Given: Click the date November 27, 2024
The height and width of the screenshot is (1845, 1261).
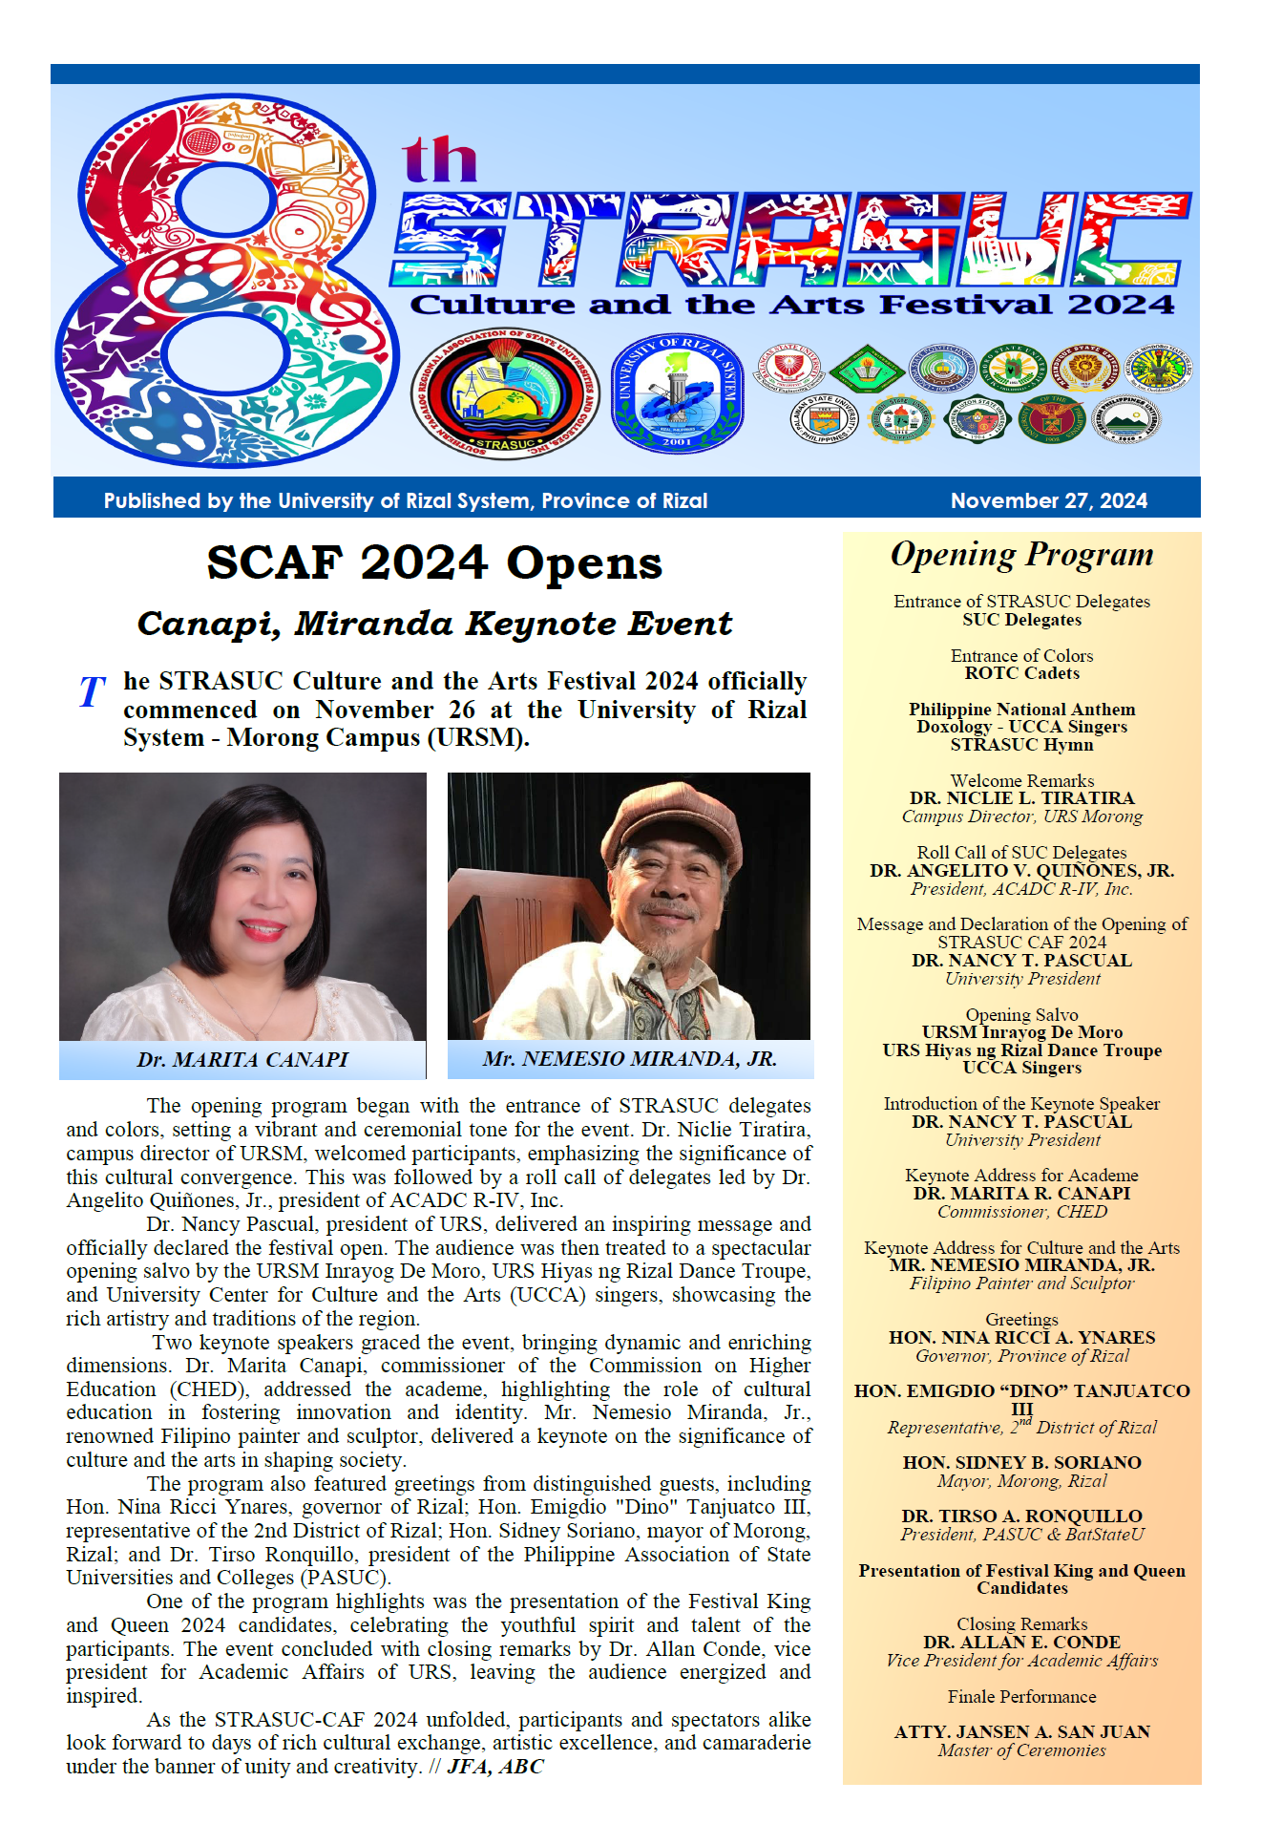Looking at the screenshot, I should [x=1048, y=500].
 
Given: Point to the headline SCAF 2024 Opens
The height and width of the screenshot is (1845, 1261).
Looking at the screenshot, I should [x=434, y=562].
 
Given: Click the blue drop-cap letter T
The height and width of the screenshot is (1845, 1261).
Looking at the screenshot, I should [x=92, y=691].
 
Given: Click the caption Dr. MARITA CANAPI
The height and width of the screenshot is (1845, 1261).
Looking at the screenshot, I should [x=242, y=1059].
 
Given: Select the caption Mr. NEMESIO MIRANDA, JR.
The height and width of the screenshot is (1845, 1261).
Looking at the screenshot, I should [x=629, y=1058].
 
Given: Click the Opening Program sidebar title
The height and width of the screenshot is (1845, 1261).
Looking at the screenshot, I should [x=1021, y=555].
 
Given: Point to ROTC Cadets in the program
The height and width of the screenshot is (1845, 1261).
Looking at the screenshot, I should [x=1021, y=673].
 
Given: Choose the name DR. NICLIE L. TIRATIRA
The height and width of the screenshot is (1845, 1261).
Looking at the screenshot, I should [x=1021, y=798].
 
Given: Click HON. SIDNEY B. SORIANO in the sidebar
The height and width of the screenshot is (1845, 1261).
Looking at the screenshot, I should [x=1021, y=1462].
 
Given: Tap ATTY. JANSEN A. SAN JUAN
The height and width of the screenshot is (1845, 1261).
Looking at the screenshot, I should [x=1021, y=1731].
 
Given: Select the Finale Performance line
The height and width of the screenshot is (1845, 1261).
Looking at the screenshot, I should [x=1021, y=1696].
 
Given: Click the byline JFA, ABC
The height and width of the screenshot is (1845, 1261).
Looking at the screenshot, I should [x=495, y=1766].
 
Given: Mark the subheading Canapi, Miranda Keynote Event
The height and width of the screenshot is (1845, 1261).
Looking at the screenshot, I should [x=434, y=624].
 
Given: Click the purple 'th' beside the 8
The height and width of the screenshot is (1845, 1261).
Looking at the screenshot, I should [x=439, y=159].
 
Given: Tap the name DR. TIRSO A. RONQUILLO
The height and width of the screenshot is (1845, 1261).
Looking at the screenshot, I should [x=1021, y=1516].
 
